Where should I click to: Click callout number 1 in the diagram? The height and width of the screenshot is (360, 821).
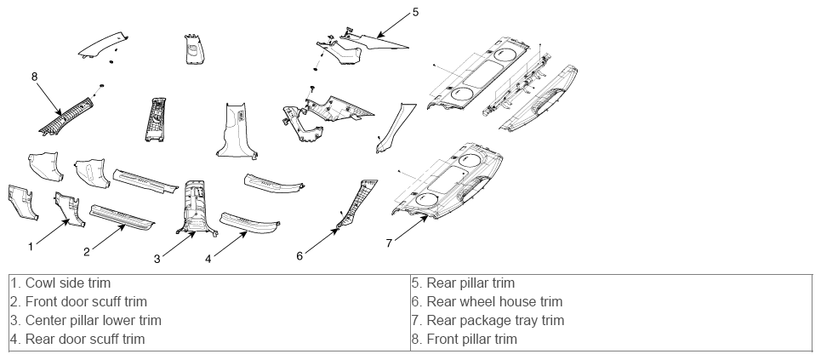click(31, 246)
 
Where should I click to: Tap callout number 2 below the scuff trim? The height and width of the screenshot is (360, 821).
click(87, 252)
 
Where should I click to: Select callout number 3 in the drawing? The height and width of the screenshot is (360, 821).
click(157, 259)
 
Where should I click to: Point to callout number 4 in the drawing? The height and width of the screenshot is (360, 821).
click(208, 259)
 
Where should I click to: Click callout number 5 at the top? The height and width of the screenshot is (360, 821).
click(416, 12)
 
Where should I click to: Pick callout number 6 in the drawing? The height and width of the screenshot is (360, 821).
click(299, 255)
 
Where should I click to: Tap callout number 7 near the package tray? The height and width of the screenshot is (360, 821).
click(389, 243)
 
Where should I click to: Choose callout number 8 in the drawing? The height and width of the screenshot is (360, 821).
click(35, 77)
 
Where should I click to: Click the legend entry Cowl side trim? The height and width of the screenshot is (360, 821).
click(60, 283)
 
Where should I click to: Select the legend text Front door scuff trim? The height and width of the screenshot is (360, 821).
click(79, 302)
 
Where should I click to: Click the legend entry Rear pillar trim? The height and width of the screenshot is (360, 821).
click(464, 283)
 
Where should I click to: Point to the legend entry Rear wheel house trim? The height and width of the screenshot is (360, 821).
click(487, 302)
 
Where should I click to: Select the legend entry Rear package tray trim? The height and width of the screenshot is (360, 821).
click(488, 320)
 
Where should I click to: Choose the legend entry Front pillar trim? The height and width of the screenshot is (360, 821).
click(465, 339)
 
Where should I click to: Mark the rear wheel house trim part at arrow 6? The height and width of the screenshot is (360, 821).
click(357, 204)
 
